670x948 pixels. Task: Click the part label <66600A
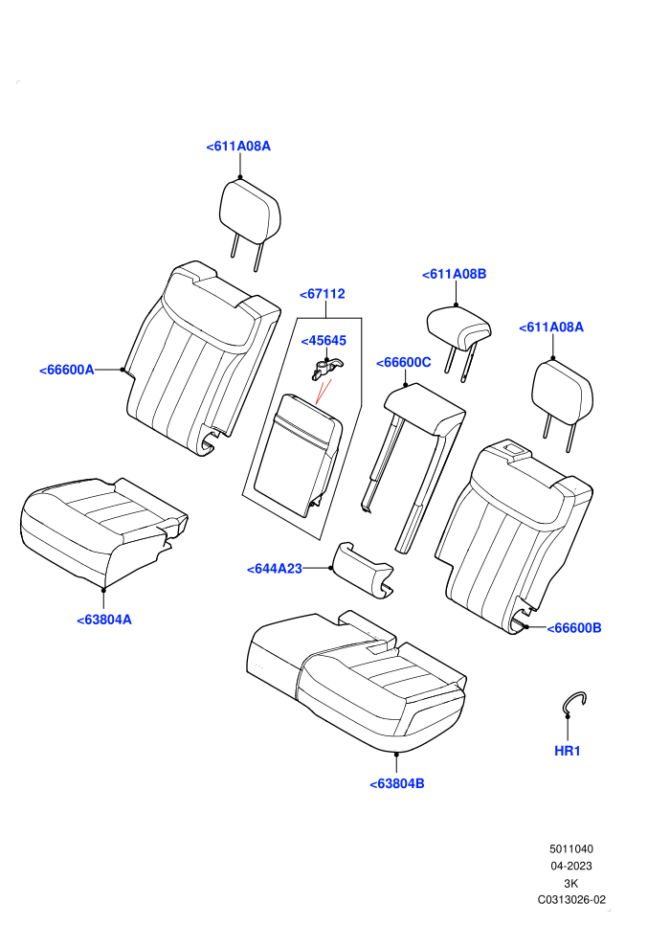tap(67, 370)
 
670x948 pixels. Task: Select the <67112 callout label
tap(323, 294)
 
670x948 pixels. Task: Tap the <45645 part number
tap(324, 340)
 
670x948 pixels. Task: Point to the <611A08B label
tap(455, 274)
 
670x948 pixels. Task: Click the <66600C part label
tap(404, 362)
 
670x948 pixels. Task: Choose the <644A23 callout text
tap(275, 569)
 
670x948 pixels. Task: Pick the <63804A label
tap(104, 620)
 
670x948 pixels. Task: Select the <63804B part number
tap(397, 783)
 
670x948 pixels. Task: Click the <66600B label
tap(574, 628)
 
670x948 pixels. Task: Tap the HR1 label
tap(568, 751)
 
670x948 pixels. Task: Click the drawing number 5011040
tap(570, 848)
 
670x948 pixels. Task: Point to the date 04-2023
tap(570, 866)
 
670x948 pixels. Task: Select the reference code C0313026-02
tap(571, 899)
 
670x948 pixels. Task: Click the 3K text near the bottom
tap(570, 883)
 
